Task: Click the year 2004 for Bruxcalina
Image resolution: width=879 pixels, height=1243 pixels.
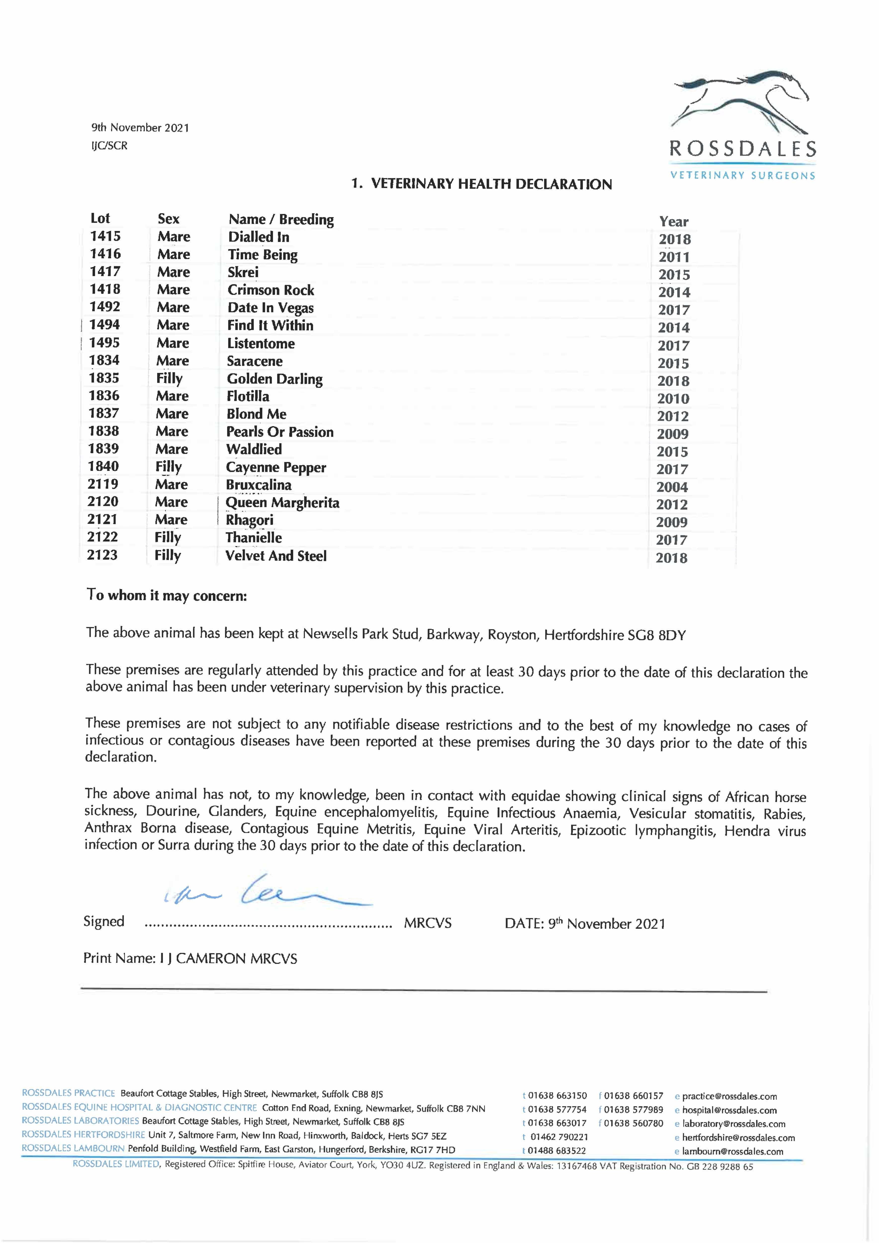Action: [x=672, y=487]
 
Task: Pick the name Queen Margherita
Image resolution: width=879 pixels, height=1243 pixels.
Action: [x=282, y=503]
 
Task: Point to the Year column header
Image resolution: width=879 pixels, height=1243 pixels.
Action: [x=674, y=222]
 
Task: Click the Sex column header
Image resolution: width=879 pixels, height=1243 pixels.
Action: [x=168, y=219]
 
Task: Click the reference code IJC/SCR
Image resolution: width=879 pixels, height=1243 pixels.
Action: [x=109, y=146]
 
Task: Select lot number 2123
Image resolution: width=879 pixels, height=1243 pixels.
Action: [x=102, y=555]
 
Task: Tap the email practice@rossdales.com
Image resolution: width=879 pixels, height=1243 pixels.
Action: [x=729, y=1096]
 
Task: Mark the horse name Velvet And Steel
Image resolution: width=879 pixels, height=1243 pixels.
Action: [x=276, y=556]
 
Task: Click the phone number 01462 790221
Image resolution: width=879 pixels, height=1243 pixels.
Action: [x=559, y=1137]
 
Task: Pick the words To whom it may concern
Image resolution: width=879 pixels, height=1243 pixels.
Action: [x=167, y=595]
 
